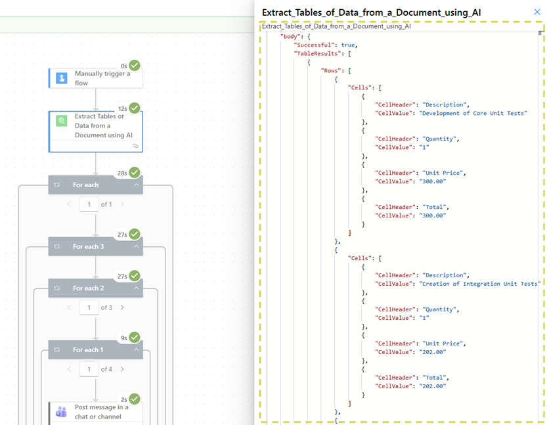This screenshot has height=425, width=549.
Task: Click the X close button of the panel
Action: point(537,12)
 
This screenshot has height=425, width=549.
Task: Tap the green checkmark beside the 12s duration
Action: point(135,108)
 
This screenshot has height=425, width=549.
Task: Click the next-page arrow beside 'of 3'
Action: point(122,307)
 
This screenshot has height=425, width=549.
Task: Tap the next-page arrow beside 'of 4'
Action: point(122,369)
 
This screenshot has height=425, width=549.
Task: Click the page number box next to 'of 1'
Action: point(89,205)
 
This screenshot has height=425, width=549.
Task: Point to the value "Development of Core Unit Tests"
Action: point(473,113)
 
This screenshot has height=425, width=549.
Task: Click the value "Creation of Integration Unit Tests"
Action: point(479,283)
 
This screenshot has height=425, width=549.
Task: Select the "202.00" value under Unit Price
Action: point(432,351)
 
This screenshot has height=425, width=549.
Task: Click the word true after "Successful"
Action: point(348,45)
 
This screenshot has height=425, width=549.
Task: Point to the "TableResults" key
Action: point(318,53)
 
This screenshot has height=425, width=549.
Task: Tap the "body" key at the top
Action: point(291,36)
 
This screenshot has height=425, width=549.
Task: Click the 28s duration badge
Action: point(122,173)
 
